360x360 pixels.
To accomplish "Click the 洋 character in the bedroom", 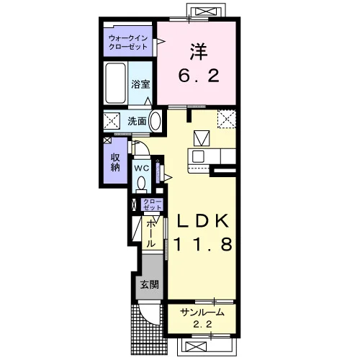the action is point(199,52).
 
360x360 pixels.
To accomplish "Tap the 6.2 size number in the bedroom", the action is point(199,75).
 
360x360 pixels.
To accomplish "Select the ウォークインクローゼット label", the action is point(128,42).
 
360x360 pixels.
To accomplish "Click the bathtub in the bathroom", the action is point(116,84).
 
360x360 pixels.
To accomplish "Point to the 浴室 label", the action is point(140,84).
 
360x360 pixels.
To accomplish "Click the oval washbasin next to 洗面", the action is point(155,121).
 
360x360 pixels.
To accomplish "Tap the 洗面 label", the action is point(137,121).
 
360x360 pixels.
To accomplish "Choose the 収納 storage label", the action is point(115,162).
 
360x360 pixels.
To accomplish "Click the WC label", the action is point(142,168).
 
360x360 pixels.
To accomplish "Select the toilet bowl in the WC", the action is point(141,184).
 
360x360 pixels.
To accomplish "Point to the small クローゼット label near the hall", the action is point(152,204).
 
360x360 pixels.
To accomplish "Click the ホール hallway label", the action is point(150,234).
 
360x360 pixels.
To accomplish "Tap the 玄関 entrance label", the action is point(149,285).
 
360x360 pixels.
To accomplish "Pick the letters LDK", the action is point(203,221).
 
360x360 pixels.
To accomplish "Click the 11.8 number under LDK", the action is point(202,244).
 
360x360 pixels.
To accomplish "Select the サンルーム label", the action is point(202,312).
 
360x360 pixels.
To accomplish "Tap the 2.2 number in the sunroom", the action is point(203,325).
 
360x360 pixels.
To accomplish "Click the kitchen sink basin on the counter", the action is point(198,157).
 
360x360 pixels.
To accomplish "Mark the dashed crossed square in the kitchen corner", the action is point(227,120).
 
